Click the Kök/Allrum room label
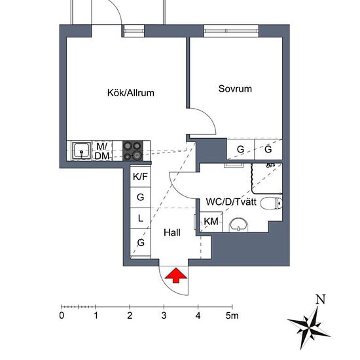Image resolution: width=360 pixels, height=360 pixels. point(131,93)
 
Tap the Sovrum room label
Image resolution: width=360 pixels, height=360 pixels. point(235,89)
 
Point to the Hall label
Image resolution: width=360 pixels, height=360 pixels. point(172,232)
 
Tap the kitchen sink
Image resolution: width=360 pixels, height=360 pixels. point(82,151)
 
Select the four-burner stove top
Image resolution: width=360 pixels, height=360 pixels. point(132,151)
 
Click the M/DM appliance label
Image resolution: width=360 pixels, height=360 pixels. point(102,151)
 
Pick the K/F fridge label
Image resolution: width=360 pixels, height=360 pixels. point(140,177)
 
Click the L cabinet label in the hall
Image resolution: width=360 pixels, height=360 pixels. point(140,219)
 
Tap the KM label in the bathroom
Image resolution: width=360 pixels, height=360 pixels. point(211,222)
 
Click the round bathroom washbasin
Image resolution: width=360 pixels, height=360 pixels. point(238,225)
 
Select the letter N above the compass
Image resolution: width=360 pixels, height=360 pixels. point(320,300)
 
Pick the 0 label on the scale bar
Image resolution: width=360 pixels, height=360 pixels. point(62,316)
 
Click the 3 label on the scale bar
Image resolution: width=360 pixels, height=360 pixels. point(164,316)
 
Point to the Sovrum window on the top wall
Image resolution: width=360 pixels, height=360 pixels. point(229,29)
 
